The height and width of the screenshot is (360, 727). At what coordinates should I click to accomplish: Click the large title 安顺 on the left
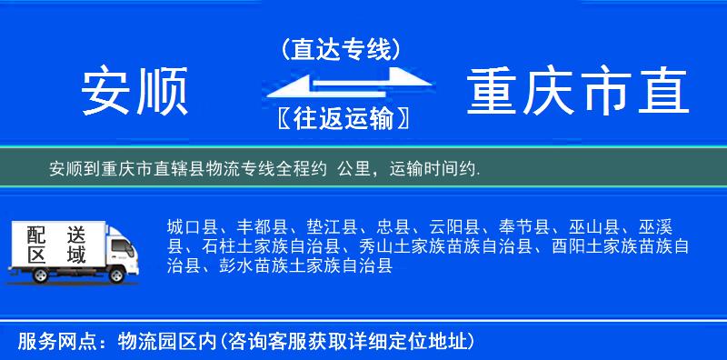[x=135, y=92]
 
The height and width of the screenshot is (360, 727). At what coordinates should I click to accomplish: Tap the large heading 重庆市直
[x=578, y=92]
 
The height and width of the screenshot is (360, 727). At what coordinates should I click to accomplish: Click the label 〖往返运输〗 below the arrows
[x=341, y=118]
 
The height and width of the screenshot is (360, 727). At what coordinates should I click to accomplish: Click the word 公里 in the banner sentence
[x=355, y=169]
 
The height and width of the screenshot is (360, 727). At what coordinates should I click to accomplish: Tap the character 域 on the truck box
[x=75, y=255]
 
